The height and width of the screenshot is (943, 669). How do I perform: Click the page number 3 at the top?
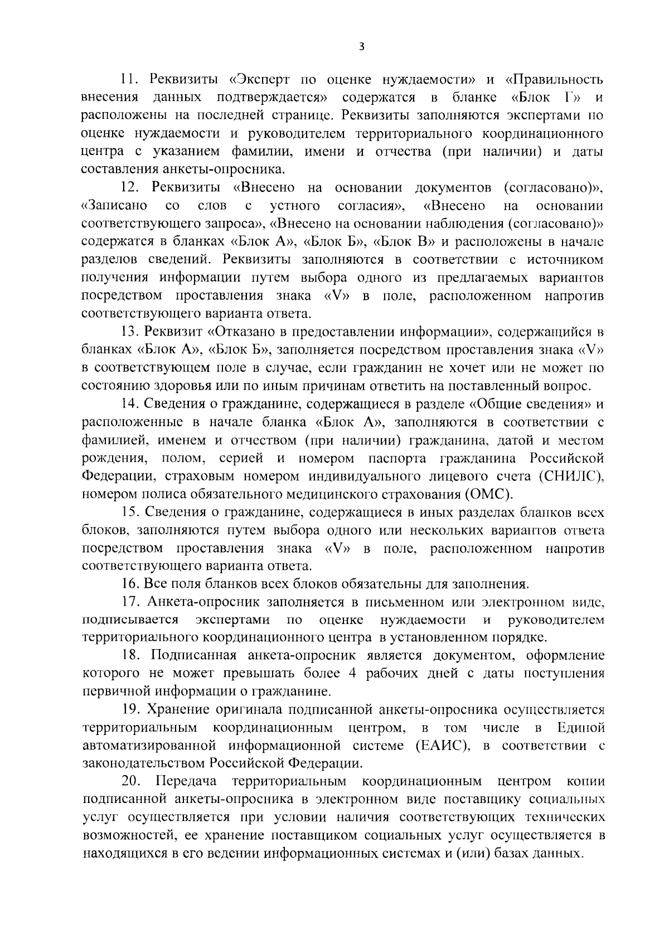tap(361, 47)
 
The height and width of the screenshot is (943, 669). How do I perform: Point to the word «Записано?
tap(114, 206)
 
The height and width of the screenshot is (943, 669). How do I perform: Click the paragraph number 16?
tap(129, 584)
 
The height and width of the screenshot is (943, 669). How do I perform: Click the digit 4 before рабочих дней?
tap(352, 673)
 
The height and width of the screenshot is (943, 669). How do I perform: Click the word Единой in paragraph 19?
tap(580, 728)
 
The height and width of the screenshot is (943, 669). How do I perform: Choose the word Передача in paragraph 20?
tap(186, 781)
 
